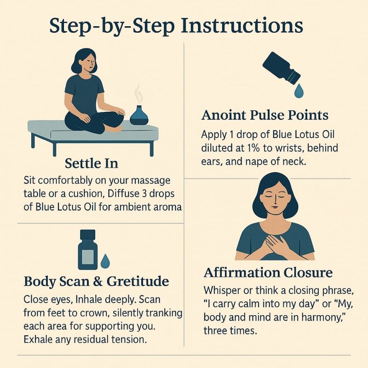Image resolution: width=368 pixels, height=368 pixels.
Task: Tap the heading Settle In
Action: (x=92, y=163)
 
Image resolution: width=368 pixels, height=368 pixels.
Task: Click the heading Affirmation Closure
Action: (x=268, y=273)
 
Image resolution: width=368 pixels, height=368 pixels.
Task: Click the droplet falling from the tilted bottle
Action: (x=299, y=91)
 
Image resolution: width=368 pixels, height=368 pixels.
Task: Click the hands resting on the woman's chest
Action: (x=273, y=242)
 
